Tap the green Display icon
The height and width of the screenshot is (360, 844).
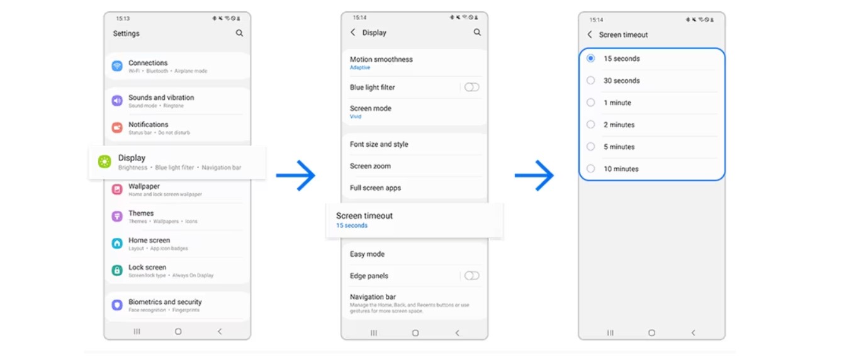[x=104, y=162]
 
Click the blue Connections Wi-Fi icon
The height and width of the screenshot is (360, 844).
[x=117, y=66]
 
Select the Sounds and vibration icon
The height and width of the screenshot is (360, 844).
[x=117, y=101]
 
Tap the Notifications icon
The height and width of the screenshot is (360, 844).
[x=117, y=128]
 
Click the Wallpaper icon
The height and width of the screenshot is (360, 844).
[x=117, y=189]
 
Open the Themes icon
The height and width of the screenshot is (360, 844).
[x=117, y=217]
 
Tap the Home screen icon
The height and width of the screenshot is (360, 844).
[x=117, y=244]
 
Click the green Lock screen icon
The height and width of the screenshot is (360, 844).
[x=117, y=271]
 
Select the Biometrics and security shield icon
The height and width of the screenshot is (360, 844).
[x=117, y=305]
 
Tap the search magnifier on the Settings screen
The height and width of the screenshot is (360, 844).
[x=239, y=33]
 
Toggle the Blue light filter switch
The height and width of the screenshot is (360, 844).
[x=471, y=87]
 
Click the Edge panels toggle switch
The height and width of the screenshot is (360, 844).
[x=471, y=276]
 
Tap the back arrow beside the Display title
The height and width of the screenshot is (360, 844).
[x=353, y=32]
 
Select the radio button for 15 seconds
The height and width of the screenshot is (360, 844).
[x=590, y=59]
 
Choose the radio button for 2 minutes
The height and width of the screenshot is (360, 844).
[x=590, y=125]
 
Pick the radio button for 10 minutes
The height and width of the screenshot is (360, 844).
[x=590, y=169]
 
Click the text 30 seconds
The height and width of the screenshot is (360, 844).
[x=621, y=81]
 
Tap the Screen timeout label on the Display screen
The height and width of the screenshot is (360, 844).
[x=364, y=216]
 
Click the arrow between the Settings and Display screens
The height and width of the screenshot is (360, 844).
[x=296, y=175]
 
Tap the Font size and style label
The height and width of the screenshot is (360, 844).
[x=379, y=144]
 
